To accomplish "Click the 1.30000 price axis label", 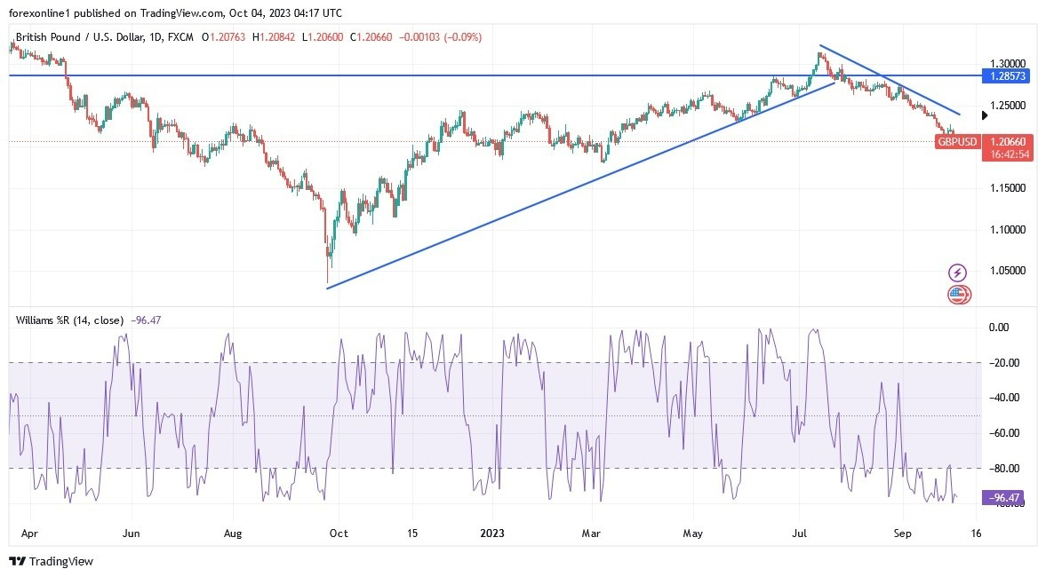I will click(x=1009, y=64).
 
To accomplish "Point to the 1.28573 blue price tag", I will click(x=1008, y=76).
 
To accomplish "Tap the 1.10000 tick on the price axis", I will click(x=1009, y=229).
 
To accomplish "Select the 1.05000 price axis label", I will click(x=1009, y=271).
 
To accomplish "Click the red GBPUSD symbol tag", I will click(x=957, y=142).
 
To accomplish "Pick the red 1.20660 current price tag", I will click(x=1008, y=142).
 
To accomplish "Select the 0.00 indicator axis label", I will click(x=1000, y=328).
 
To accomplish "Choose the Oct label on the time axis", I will click(x=338, y=534).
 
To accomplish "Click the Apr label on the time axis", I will click(x=28, y=534).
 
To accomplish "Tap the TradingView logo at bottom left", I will click(x=51, y=561).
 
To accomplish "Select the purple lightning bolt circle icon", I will click(x=957, y=272).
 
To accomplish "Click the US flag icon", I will click(x=958, y=294).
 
